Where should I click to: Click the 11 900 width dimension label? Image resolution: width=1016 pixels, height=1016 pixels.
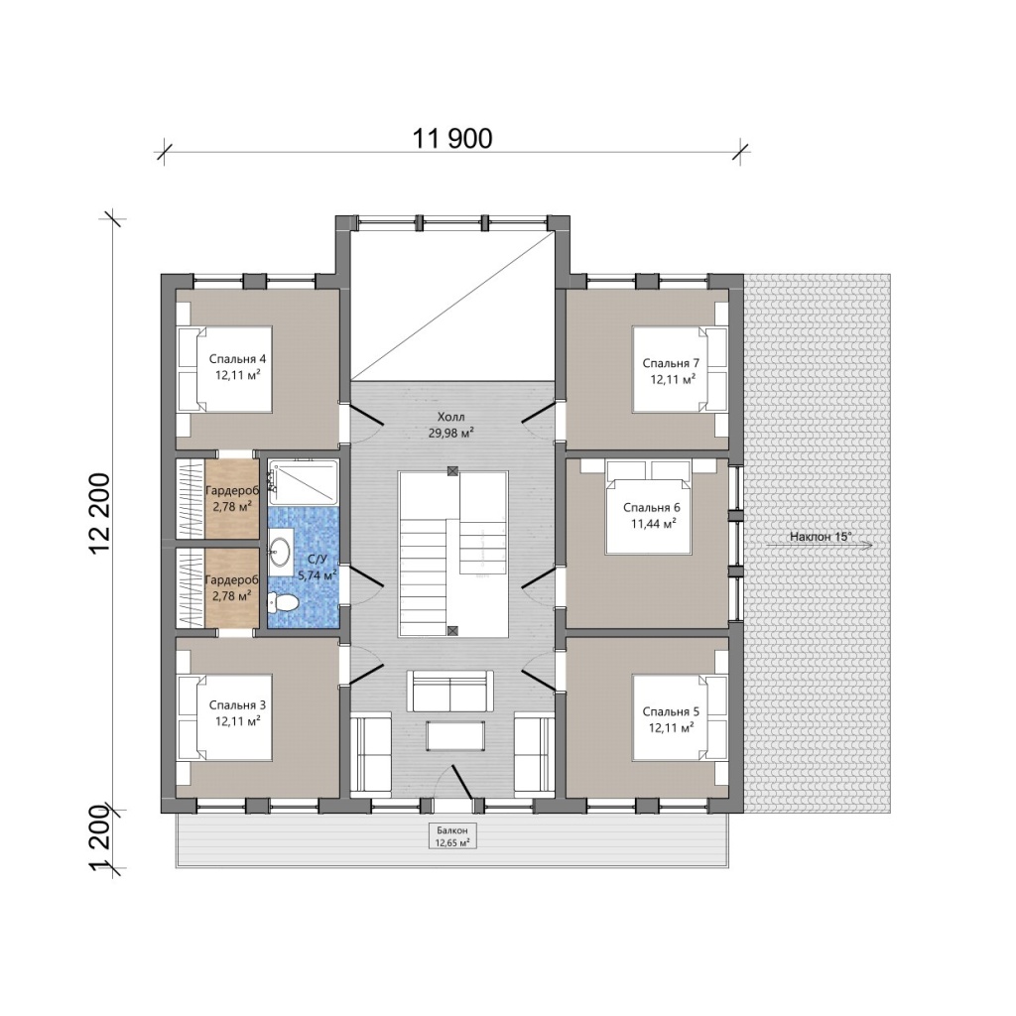pos(452,138)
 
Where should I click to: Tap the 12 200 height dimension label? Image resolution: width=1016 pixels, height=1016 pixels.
pos(101,513)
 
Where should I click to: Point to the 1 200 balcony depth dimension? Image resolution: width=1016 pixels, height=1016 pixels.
pos(101,840)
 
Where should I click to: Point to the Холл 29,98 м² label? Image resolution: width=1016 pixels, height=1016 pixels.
pos(451,425)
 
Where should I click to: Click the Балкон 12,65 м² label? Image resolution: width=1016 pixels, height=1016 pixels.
pos(452,836)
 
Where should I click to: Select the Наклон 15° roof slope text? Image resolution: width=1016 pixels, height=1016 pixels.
pos(821,537)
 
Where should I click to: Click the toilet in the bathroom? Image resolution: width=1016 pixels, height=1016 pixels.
pos(283,602)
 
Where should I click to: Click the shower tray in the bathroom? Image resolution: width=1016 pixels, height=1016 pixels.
pos(304,482)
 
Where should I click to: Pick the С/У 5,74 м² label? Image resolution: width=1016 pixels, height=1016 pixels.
pos(317,567)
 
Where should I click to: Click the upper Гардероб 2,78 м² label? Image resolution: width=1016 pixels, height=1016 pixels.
pos(232,498)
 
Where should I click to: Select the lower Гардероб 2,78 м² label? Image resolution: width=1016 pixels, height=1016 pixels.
pos(232,587)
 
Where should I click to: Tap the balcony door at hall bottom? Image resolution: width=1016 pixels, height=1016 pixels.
pos(462,781)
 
